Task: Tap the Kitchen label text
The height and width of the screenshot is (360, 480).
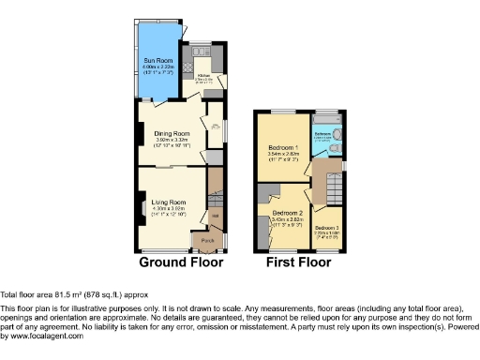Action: click(x=202, y=75)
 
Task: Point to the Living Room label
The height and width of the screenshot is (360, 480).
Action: click(x=169, y=202)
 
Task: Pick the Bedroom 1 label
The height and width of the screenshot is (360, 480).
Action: click(x=282, y=148)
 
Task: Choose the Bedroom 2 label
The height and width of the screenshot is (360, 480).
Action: click(x=287, y=213)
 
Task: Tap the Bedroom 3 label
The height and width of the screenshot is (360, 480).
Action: click(x=327, y=228)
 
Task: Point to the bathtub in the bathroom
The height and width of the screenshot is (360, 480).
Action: click(x=328, y=120)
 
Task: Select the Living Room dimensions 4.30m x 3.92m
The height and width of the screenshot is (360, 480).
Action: click(x=169, y=209)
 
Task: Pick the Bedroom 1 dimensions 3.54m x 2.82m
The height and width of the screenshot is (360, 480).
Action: click(x=282, y=155)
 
